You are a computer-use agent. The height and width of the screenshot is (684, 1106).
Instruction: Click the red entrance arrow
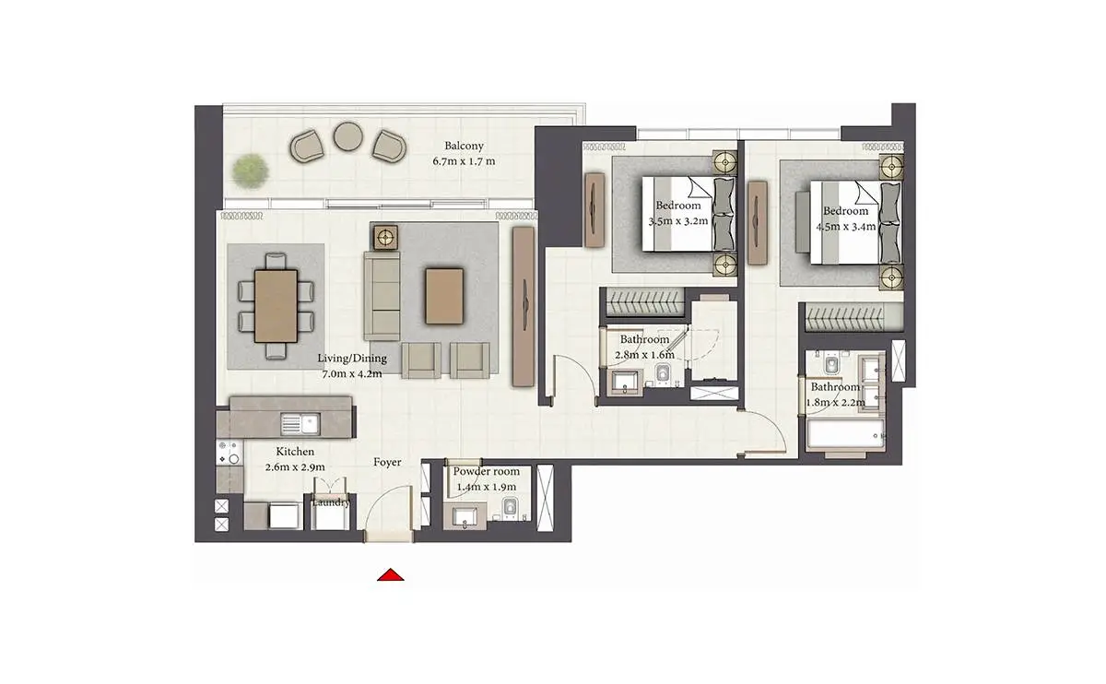pos(391,575)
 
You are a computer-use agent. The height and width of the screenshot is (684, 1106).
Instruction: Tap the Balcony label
pos(464,146)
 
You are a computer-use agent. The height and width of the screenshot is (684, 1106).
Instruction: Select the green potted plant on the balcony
pos(252,171)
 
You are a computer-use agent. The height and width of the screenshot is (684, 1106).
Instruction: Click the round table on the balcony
pos(348,136)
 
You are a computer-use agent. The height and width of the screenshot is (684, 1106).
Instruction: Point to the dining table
pos(276,306)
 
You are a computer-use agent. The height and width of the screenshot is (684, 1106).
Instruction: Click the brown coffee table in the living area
pos(444,296)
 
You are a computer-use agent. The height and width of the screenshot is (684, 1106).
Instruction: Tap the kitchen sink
pos(300,424)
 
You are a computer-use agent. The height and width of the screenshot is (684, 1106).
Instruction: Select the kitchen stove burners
pos(229,453)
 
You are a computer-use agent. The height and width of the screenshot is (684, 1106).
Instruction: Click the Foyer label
pos(387,462)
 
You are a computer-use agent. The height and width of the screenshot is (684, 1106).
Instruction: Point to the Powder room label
pos(487,471)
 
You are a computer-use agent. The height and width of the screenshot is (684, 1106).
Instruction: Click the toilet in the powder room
pos(510,508)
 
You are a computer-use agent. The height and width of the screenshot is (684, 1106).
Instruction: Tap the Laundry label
pos(331,502)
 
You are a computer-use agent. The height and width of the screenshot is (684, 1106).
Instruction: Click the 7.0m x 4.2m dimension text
pos(352,374)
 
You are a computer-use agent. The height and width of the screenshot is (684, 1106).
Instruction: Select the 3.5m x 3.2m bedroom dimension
pos(678,221)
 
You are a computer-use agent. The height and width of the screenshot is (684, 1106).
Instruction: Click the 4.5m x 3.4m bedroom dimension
pos(846,227)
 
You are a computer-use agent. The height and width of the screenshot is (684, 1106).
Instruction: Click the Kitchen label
pos(295,452)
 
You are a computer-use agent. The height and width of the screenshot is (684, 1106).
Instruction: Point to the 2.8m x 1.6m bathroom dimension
pos(644,355)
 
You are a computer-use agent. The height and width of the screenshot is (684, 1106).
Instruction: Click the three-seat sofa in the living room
pos(382,296)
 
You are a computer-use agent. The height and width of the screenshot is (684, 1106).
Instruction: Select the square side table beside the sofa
pos(385,238)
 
